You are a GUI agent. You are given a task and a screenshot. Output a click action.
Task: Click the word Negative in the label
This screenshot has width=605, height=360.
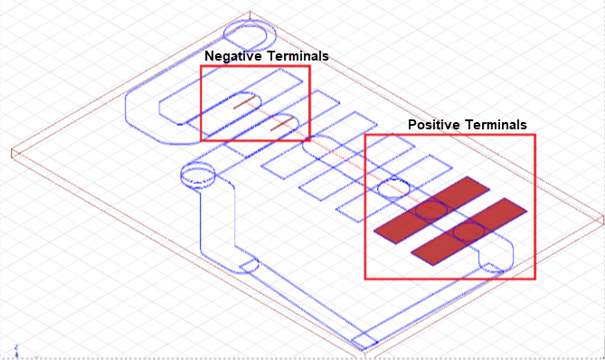pyautogui.click(x=233, y=56)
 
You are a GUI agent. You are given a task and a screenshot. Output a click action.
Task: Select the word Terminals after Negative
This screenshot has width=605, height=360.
pyautogui.click(x=298, y=56)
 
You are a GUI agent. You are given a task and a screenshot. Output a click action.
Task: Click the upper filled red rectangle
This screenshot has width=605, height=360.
pyautogui.click(x=431, y=210)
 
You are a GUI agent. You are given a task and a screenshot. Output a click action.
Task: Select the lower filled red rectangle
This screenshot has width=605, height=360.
pyautogui.click(x=468, y=232)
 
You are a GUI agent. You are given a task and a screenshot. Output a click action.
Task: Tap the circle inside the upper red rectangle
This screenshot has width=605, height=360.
pyautogui.click(x=431, y=211)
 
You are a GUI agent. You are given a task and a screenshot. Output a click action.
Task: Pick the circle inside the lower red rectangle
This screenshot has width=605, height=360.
pyautogui.click(x=468, y=232)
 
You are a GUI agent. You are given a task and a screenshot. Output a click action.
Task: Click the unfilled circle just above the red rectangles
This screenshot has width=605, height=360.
pyautogui.click(x=393, y=189)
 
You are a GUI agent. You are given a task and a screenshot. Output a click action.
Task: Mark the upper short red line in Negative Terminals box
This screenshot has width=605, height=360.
pyautogui.click(x=245, y=102)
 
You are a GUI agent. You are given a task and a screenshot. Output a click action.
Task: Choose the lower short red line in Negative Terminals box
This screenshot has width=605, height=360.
pyautogui.click(x=282, y=124)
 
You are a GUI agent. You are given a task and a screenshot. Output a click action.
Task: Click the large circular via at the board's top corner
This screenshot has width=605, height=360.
pyautogui.click(x=250, y=34)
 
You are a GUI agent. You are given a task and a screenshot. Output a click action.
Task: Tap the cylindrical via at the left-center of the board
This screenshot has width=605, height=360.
pyautogui.click(x=198, y=175)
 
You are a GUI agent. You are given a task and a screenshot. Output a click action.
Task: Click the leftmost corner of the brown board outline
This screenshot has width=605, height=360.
pyautogui.click(x=12, y=150)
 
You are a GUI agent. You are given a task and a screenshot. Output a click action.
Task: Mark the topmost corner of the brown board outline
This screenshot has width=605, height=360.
pyautogui.click(x=250, y=11)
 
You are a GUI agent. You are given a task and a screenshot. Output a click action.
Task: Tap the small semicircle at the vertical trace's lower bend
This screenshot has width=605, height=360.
pyautogui.click(x=250, y=266)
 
